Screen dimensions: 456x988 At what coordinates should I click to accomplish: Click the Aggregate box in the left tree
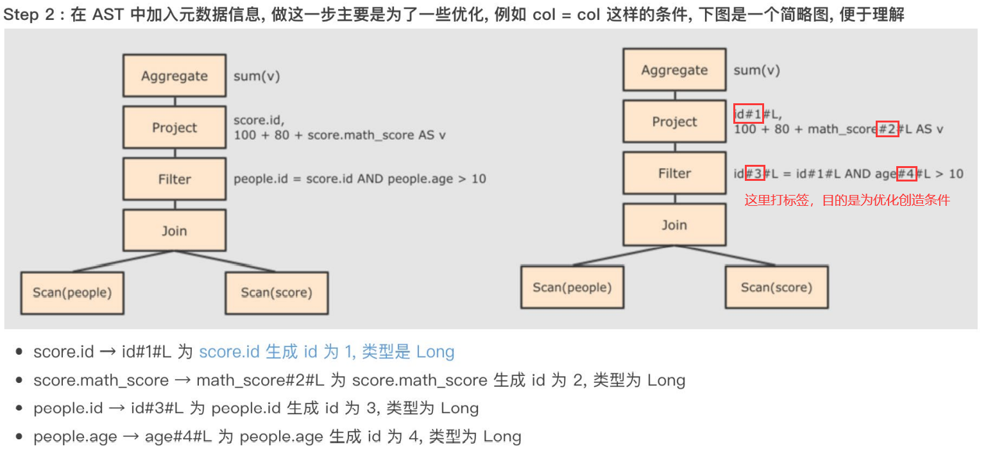(175, 76)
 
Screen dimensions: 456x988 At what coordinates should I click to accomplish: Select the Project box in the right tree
(674, 122)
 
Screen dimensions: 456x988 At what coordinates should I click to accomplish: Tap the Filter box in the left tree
(175, 179)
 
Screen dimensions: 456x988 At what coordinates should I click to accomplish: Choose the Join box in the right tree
(674, 225)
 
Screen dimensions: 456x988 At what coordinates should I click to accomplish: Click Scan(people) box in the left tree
(72, 292)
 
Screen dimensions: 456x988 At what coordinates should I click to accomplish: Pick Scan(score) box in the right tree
(776, 287)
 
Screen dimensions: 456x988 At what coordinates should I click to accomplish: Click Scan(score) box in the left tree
(277, 292)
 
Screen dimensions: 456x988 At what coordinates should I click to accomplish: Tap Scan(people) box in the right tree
(572, 287)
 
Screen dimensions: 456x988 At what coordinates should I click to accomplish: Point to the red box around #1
(748, 114)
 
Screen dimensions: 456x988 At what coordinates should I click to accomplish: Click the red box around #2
(887, 129)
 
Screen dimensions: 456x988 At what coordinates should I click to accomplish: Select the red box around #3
(755, 173)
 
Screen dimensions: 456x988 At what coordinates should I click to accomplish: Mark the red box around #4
(906, 173)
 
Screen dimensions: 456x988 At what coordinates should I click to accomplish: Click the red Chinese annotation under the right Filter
(847, 201)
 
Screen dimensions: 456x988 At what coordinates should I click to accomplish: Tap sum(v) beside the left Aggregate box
(257, 76)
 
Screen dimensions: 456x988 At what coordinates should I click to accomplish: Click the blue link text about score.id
(327, 352)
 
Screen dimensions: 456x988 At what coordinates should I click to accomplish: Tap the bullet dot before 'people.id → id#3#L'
(19, 409)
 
